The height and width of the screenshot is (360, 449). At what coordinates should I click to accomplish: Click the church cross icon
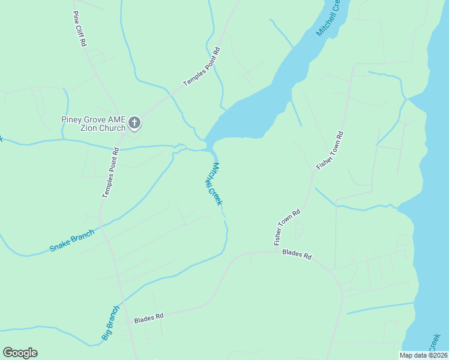click(134, 124)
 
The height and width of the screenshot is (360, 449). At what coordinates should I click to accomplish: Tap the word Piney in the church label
click(71, 119)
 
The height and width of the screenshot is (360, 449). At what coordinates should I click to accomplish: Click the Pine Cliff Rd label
click(79, 29)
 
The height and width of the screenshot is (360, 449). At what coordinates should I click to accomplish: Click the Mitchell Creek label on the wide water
click(328, 18)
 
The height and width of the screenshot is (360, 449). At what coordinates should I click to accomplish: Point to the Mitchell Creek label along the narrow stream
click(215, 184)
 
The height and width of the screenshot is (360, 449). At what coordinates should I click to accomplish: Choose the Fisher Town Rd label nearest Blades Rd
click(287, 227)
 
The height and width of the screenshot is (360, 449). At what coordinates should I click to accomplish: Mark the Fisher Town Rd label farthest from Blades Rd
click(330, 149)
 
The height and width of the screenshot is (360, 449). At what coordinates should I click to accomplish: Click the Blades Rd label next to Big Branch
click(149, 316)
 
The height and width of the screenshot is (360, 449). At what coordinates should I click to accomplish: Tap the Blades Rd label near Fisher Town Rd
click(297, 255)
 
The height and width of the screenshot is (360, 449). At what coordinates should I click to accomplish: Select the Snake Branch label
click(72, 240)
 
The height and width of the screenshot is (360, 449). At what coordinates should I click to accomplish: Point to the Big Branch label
click(110, 323)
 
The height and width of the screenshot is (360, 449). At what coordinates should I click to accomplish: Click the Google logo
click(20, 353)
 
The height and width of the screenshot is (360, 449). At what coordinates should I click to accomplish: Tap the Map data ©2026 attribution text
click(424, 355)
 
